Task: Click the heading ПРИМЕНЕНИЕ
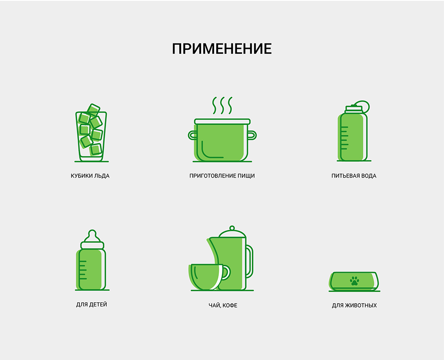[222, 49]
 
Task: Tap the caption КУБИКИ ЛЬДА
[90, 176]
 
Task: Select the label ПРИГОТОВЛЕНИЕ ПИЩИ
[222, 176]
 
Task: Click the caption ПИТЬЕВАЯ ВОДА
[354, 176]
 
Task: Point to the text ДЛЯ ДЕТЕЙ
[91, 305]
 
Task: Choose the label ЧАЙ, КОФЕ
[223, 305]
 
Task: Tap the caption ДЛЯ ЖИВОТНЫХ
[354, 305]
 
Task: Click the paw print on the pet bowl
[354, 281]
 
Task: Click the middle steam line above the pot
[222, 106]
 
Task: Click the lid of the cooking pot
[222, 122]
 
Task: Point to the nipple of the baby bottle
[92, 235]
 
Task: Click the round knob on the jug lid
[232, 228]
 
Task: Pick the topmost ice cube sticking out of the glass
[93, 110]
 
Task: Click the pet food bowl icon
[354, 281]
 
